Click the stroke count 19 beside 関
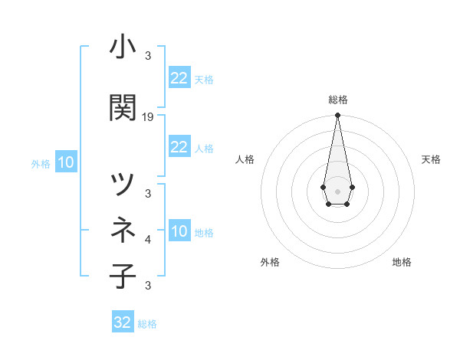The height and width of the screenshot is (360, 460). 148,117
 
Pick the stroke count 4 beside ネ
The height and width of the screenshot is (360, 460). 148,240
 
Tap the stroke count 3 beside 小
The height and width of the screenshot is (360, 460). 148,56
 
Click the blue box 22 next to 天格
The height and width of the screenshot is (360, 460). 179,78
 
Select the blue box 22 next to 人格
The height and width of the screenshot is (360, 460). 179,147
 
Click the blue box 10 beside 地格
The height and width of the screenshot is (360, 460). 179,232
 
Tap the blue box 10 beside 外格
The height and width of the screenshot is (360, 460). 66,162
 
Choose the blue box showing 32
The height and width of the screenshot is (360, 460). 123,322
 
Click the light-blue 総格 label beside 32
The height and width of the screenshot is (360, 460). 148,324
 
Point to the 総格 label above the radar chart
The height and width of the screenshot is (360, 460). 338,100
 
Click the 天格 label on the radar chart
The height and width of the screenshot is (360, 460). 432,159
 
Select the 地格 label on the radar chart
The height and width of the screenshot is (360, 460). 402,262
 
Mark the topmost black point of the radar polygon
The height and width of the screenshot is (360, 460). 337,115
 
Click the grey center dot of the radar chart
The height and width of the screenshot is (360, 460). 337,190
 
